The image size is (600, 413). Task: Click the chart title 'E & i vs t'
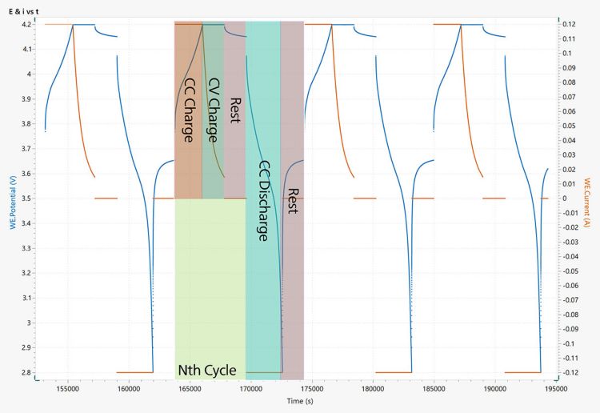click(x=25, y=10)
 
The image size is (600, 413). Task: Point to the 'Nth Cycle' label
click(x=206, y=371)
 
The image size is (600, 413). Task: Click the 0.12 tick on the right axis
click(x=569, y=25)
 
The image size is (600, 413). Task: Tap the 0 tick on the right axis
click(x=565, y=198)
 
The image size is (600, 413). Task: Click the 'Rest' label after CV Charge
click(x=234, y=110)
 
